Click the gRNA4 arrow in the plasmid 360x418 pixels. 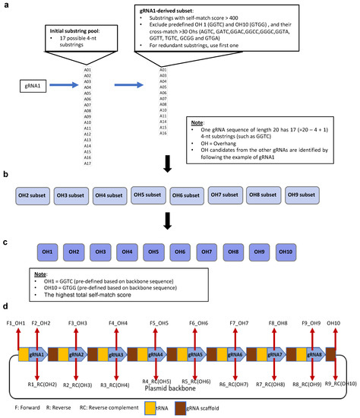pyautogui.click(x=155, y=355)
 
